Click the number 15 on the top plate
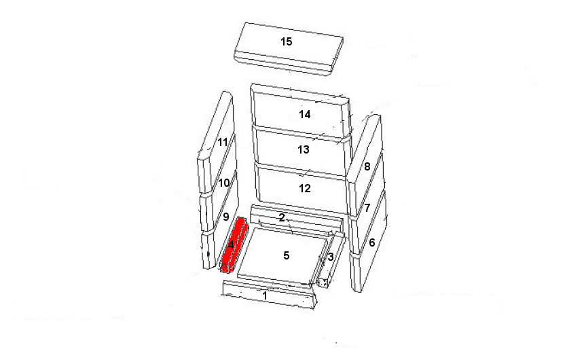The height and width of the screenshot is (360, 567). pyautogui.click(x=287, y=41)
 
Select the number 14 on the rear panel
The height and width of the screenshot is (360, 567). pyautogui.click(x=304, y=114)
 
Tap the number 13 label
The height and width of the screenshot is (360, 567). pyautogui.click(x=304, y=149)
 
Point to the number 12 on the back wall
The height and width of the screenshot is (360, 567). pyautogui.click(x=305, y=188)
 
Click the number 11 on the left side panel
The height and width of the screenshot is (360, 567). pyautogui.click(x=223, y=142)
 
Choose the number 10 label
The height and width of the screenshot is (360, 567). pyautogui.click(x=224, y=183)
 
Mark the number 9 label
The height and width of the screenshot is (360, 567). pyautogui.click(x=226, y=217)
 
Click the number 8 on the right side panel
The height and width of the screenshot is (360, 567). pyautogui.click(x=367, y=166)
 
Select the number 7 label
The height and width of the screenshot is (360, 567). pyautogui.click(x=367, y=208)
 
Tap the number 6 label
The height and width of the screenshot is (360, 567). pyautogui.click(x=372, y=242)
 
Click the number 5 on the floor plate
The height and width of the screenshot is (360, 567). pyautogui.click(x=287, y=255)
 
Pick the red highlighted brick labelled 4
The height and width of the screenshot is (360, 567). pyautogui.click(x=234, y=245)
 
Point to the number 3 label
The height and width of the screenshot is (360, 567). pyautogui.click(x=331, y=257)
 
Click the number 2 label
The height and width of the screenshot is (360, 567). pyautogui.click(x=282, y=217)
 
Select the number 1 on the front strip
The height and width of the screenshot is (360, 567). pyautogui.click(x=265, y=295)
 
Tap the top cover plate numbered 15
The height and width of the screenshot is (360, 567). pyautogui.click(x=289, y=49)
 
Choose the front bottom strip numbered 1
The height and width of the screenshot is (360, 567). pyautogui.click(x=270, y=295)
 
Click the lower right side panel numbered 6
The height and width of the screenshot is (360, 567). pyautogui.click(x=369, y=241)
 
